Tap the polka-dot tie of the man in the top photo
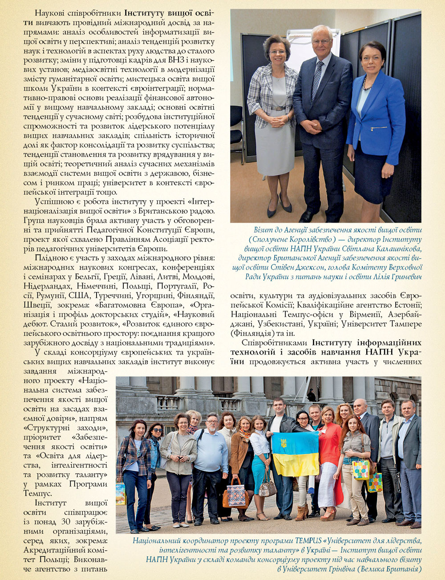click(317, 80)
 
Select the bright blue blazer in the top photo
click(376, 116)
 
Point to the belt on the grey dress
click(278, 108)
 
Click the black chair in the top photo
click(237, 129)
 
